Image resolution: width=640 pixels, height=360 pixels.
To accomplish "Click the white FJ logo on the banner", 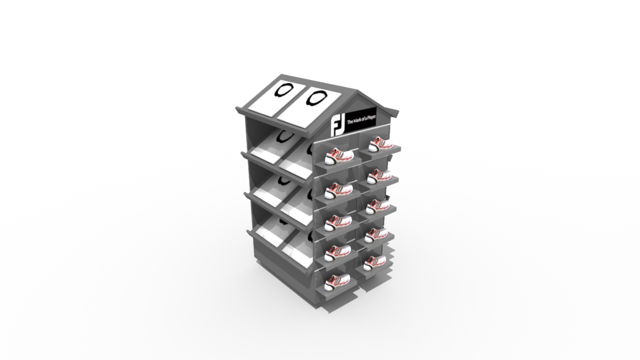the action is pyautogui.click(x=338, y=125).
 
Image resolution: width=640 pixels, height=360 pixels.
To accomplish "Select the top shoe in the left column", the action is pyautogui.click(x=339, y=156).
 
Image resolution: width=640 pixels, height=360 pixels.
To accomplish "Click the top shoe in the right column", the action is pyautogui.click(x=380, y=144).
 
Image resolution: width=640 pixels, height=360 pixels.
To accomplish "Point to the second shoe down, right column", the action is pyautogui.click(x=379, y=176).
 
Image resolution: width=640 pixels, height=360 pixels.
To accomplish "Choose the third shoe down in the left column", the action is pyautogui.click(x=338, y=223).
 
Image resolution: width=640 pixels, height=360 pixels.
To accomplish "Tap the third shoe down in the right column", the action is pyautogui.click(x=377, y=207).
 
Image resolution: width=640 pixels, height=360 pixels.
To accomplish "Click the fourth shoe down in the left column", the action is pyautogui.click(x=337, y=253).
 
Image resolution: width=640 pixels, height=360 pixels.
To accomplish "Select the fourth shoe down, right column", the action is pyautogui.click(x=376, y=235).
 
